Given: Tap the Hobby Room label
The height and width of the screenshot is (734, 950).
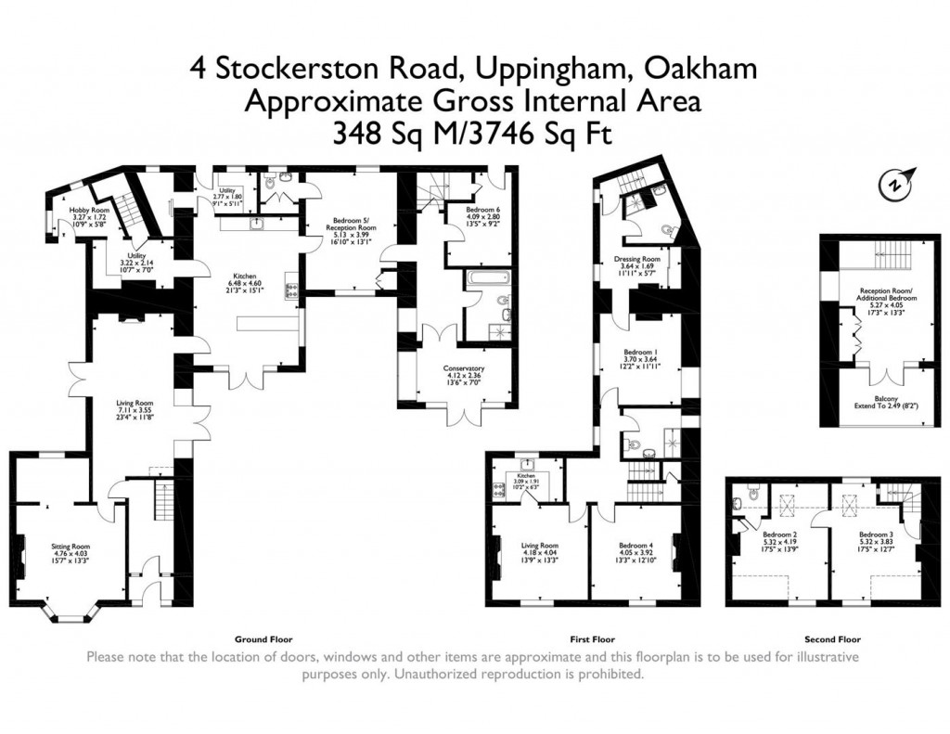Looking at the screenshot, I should coord(90,211).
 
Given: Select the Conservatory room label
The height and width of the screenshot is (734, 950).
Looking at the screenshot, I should coord(464,368).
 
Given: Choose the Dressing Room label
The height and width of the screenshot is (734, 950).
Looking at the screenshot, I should coord(637,259).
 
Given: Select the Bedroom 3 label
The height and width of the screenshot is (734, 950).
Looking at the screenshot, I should coord(875,535).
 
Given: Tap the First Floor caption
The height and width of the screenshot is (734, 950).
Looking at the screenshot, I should coord(592,639).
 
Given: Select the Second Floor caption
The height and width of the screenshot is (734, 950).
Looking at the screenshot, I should coord(830,639).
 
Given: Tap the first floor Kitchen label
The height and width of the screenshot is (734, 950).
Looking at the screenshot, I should coord(527,475).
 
